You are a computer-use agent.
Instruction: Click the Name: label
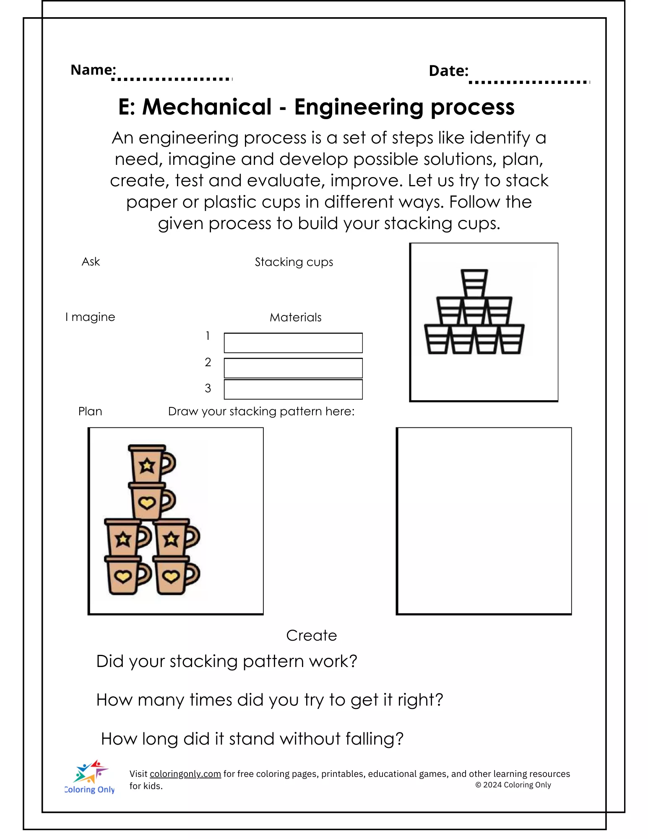(93, 70)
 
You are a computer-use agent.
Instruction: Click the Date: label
(448, 71)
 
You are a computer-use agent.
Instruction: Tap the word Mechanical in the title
(207, 107)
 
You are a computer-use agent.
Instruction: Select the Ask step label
(91, 262)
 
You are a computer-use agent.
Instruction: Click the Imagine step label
(90, 317)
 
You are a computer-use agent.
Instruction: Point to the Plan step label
(90, 412)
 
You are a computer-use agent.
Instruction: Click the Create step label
(311, 636)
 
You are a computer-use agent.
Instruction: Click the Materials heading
(295, 318)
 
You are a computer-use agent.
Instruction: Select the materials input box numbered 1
(293, 343)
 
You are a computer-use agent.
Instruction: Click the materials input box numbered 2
(293, 368)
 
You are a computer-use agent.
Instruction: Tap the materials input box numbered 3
(293, 390)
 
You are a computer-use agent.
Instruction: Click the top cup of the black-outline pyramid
(474, 283)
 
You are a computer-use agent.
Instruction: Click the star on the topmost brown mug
(147, 465)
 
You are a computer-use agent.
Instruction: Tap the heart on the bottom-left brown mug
(123, 577)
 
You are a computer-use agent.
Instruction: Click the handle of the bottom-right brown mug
(193, 574)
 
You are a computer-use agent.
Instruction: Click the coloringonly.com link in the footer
(185, 774)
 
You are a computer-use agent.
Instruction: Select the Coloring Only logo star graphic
(91, 772)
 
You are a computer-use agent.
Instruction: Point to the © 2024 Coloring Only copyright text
(513, 785)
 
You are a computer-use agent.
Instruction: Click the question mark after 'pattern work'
(353, 662)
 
